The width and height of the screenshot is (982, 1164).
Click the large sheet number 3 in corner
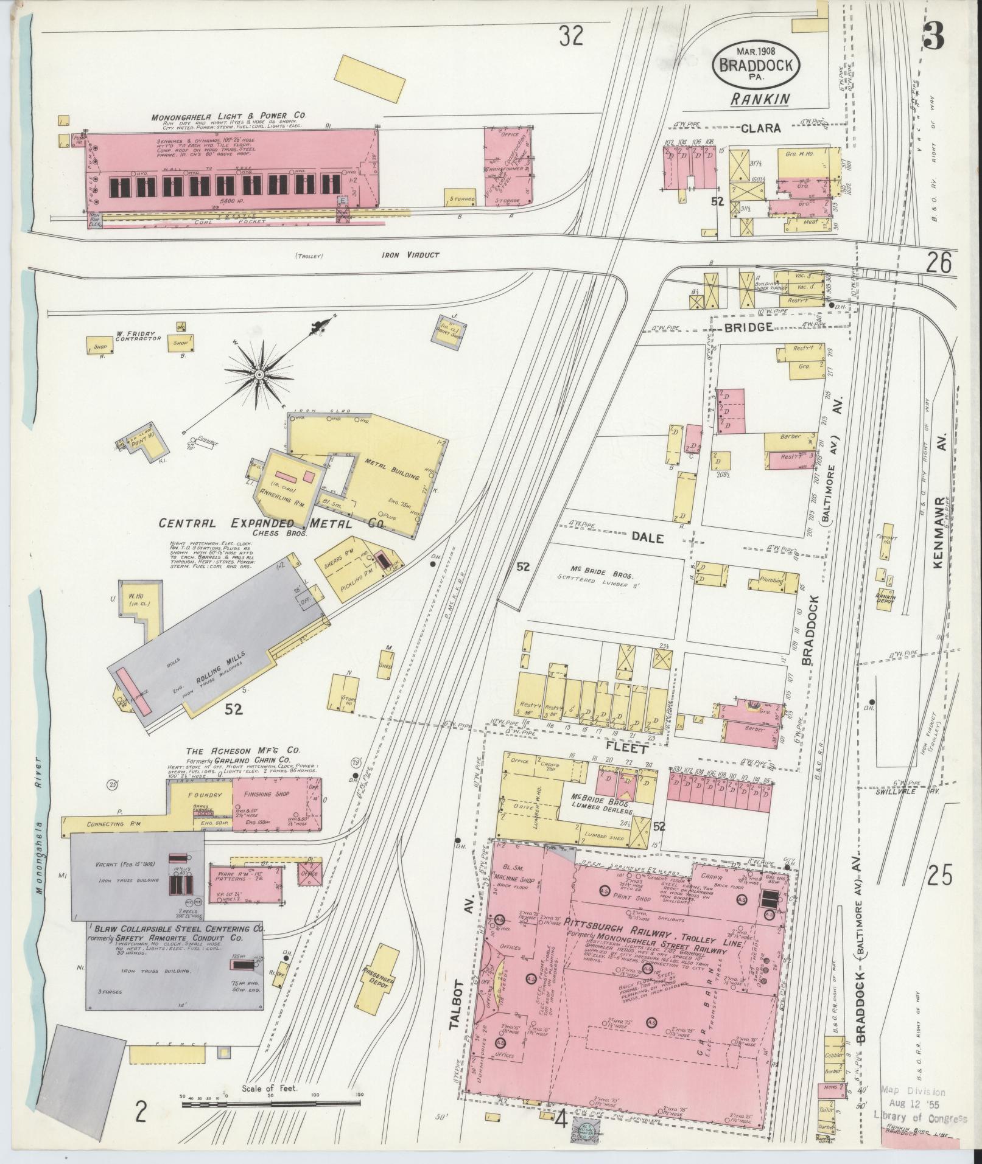click(x=933, y=37)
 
